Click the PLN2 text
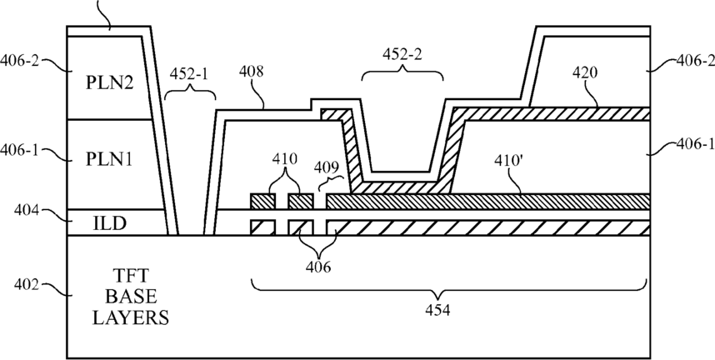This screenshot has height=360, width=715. (x=110, y=84)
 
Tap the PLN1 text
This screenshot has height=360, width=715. (x=109, y=160)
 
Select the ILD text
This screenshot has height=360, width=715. (x=109, y=224)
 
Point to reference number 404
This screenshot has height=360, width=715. (x=27, y=210)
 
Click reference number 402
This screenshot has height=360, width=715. (x=27, y=285)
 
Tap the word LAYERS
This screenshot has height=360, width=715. (x=131, y=317)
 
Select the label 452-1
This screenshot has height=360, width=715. (x=188, y=74)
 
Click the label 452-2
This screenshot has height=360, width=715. (x=402, y=54)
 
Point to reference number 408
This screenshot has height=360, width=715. (x=251, y=72)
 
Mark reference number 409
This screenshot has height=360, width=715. (x=327, y=169)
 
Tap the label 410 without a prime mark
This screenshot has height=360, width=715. (x=284, y=159)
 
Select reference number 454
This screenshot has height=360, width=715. (x=437, y=310)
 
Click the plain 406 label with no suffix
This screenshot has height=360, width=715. (x=318, y=267)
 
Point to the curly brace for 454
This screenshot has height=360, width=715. (x=448, y=290)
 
